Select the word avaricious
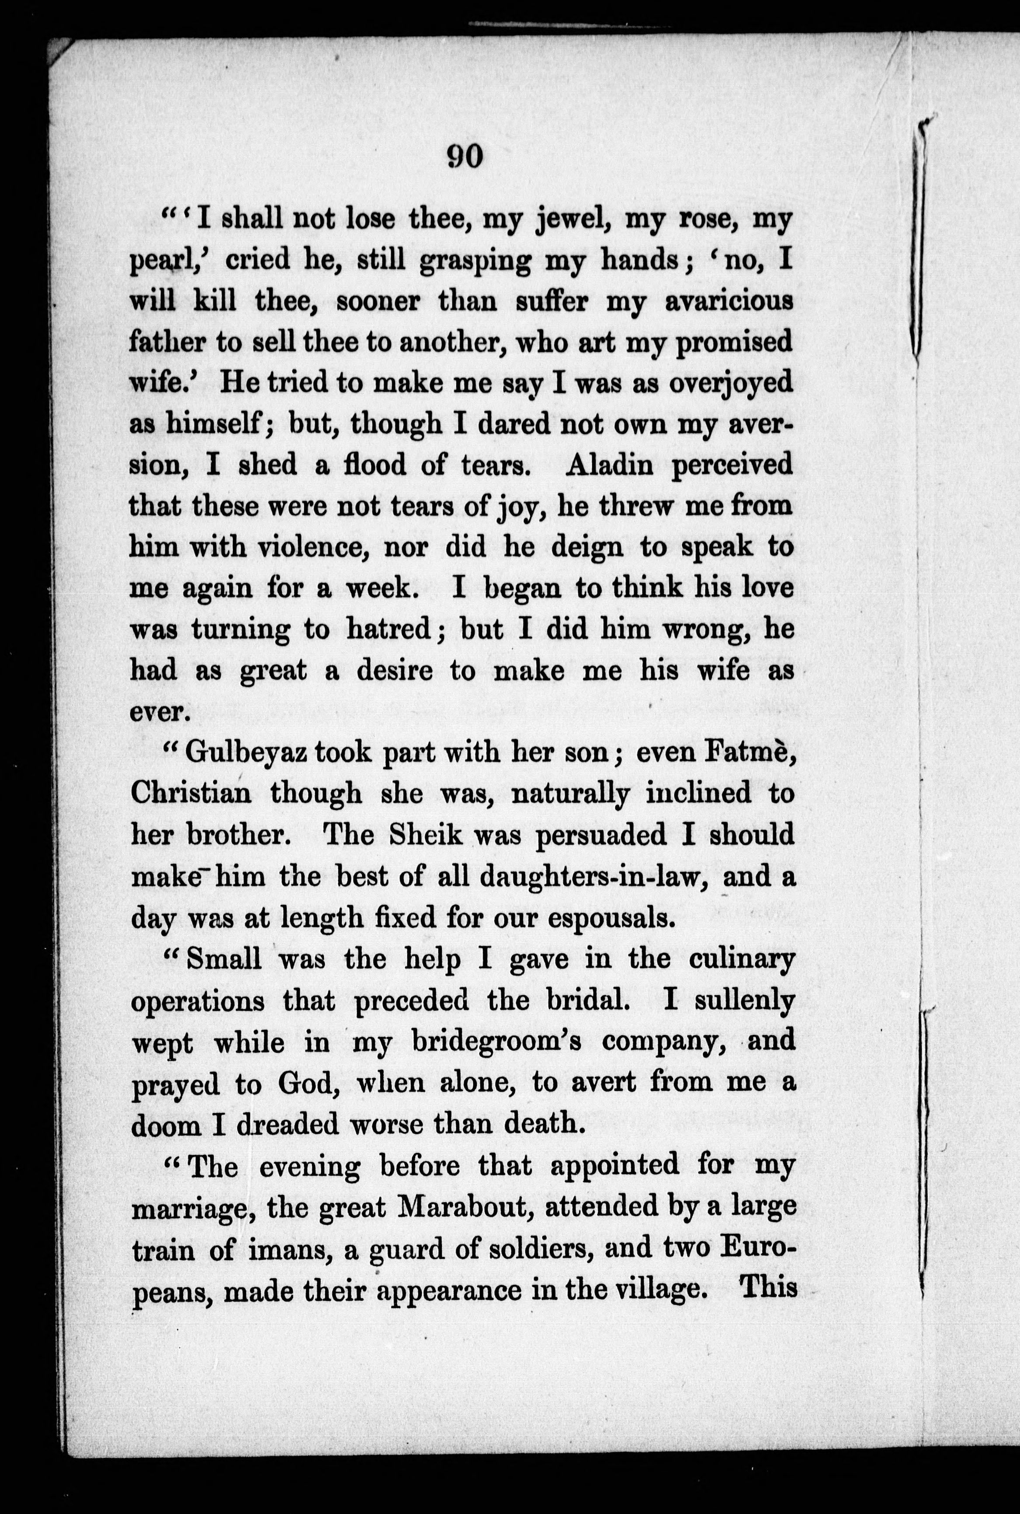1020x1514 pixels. coord(729,302)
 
